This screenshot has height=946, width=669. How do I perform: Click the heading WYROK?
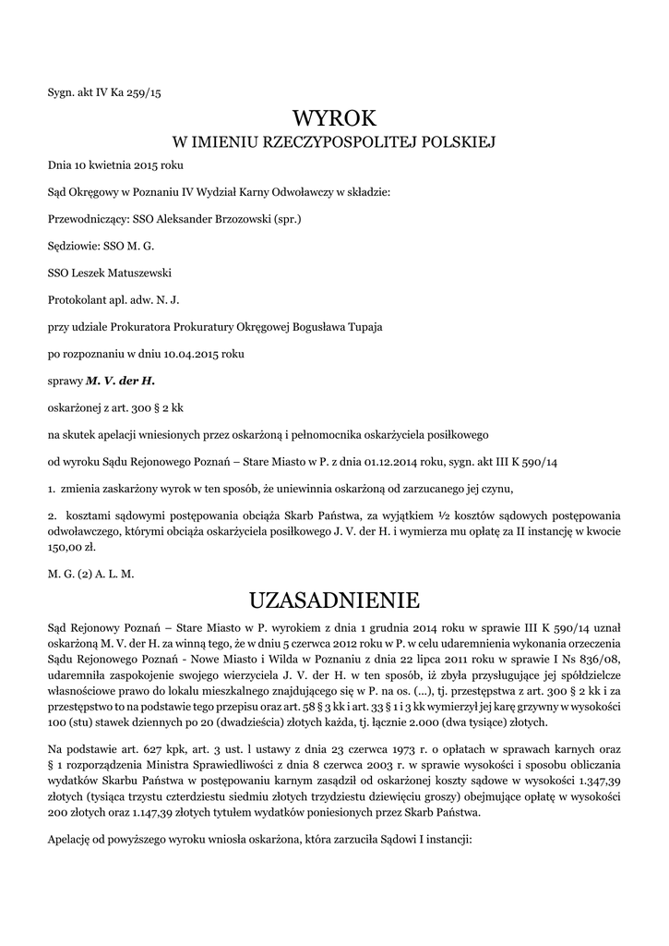pos(334,118)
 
